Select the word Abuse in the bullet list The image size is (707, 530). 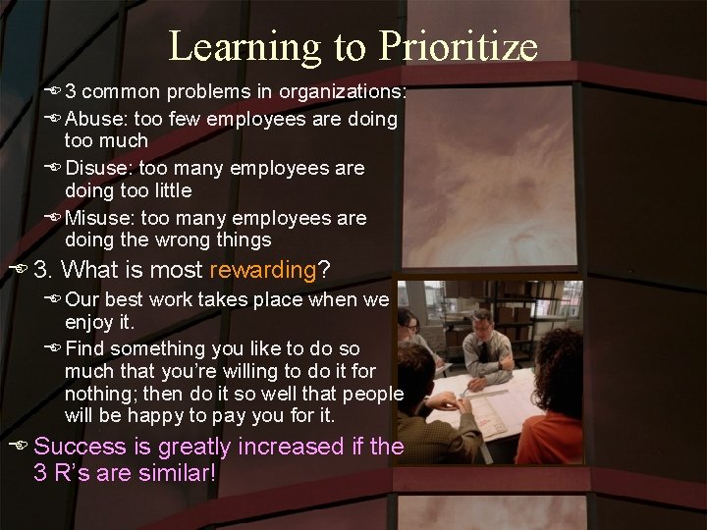93,119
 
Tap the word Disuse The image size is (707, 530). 97,168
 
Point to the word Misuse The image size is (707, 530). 97,217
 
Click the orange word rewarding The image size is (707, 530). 262,269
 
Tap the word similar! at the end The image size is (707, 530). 179,472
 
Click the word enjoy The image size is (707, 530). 87,321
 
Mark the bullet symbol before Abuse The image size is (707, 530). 53,119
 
